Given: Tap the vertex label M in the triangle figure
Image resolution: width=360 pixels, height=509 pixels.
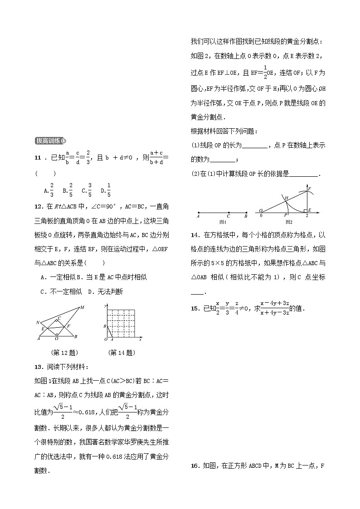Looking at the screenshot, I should (x=82, y=308).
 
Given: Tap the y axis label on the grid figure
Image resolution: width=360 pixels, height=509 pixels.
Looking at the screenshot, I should (x=105, y=307).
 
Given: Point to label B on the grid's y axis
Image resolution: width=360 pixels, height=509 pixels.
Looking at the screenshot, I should (x=105, y=326).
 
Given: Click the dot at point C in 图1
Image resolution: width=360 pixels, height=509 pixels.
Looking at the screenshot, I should (x=229, y=212).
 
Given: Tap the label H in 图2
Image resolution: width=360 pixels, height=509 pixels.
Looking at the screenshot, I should (x=286, y=198).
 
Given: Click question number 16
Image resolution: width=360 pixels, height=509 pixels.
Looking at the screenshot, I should (x=195, y=465).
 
